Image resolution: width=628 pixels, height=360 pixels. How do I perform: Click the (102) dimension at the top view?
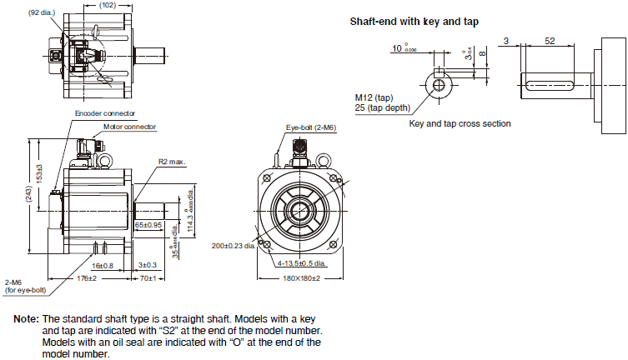pos(107,5)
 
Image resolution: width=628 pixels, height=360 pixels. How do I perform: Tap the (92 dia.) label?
pos(43,13)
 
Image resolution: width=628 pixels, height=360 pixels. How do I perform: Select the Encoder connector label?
pos(105,112)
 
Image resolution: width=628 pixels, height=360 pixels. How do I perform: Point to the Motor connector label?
pos(129,127)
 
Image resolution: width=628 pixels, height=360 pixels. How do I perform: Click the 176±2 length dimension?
pos(87,277)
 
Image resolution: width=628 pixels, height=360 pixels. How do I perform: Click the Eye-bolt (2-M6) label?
pos(310,127)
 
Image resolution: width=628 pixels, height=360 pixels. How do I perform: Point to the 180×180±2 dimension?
pos(301,277)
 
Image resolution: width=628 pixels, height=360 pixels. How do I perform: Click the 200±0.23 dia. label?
pos(235,246)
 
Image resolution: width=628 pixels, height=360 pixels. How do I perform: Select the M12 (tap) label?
pos(374,97)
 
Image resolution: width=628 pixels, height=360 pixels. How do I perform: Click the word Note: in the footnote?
pos(26,319)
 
